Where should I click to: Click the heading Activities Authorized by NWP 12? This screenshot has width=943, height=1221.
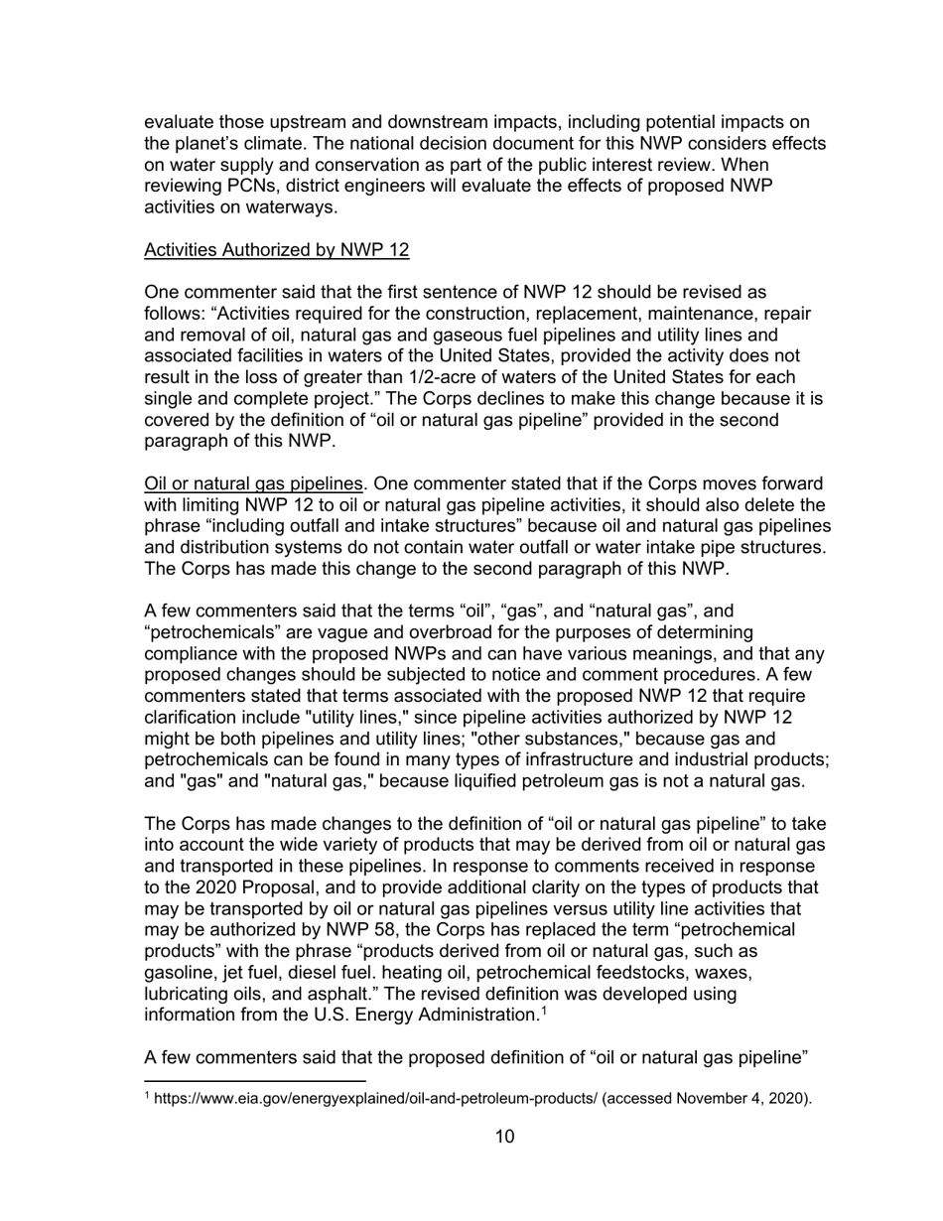(276, 250)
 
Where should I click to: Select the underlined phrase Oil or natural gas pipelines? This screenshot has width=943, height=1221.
(252, 484)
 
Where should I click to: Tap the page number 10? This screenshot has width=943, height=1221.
(504, 1137)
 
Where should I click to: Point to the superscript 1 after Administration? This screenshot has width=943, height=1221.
(541, 1012)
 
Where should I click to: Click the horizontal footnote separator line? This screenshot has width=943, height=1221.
(255, 1079)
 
